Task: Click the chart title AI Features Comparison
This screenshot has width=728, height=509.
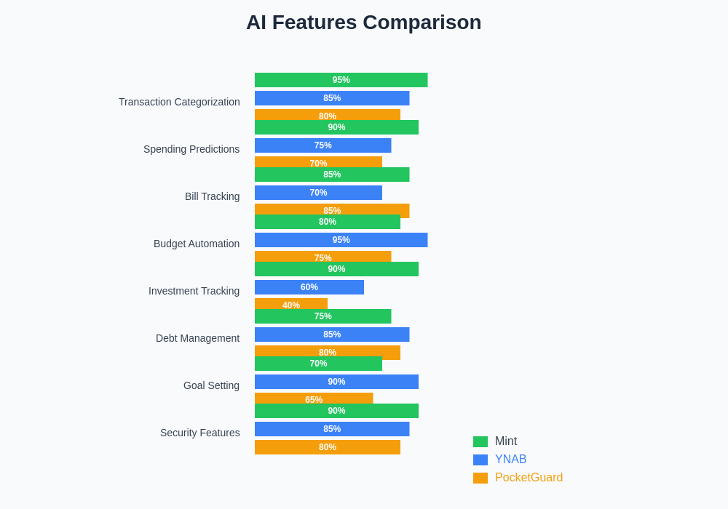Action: pos(363,23)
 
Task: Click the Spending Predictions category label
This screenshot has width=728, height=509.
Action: pos(191,149)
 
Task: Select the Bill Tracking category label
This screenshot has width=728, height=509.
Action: pos(212,196)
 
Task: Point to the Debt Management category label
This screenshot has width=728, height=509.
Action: pos(197,338)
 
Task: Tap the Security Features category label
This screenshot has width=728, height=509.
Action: pos(199,433)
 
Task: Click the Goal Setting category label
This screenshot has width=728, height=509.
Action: pos(211,385)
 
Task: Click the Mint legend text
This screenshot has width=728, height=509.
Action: pos(506,441)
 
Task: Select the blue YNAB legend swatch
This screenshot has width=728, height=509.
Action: pos(480,460)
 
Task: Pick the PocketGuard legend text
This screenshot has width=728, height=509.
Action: pos(529,478)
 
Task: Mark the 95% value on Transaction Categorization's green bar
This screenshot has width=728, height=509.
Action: pos(341,80)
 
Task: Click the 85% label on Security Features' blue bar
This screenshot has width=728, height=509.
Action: pos(332,429)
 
